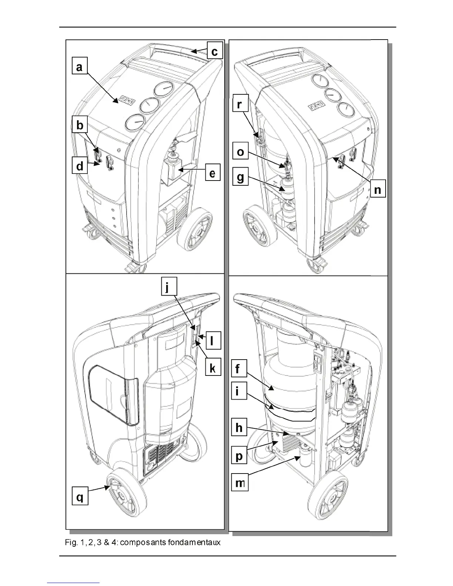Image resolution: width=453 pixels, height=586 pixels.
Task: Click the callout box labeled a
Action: [x=80, y=68]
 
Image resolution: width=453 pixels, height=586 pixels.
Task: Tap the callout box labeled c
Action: [x=214, y=51]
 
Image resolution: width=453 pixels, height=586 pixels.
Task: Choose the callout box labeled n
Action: [x=377, y=189]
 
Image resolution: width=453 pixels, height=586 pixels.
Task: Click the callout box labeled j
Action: [x=169, y=287]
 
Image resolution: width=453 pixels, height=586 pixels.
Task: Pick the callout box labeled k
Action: [x=212, y=368]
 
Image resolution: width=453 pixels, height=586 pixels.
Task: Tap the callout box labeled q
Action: [x=80, y=497]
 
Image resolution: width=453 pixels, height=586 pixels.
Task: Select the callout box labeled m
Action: [x=239, y=482]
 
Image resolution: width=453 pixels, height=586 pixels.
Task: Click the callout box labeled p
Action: [x=239, y=456]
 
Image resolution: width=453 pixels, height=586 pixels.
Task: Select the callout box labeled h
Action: [x=239, y=428]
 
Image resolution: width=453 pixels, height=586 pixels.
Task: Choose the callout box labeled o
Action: [x=241, y=152]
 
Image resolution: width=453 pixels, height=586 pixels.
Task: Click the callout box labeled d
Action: [x=80, y=166]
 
